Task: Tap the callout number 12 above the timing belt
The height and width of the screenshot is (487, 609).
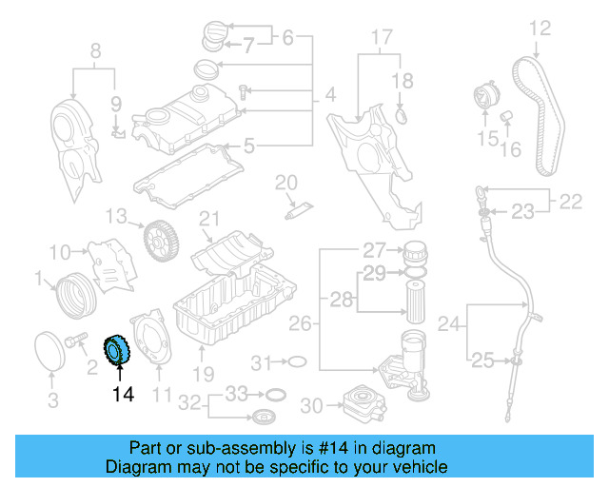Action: [x=540, y=29]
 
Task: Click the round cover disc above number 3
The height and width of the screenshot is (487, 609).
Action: [x=50, y=350]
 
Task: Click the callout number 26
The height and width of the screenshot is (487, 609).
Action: [x=300, y=325]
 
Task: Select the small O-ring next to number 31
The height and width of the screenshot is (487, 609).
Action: [x=296, y=361]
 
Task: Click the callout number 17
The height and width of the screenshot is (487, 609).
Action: [x=381, y=38]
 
